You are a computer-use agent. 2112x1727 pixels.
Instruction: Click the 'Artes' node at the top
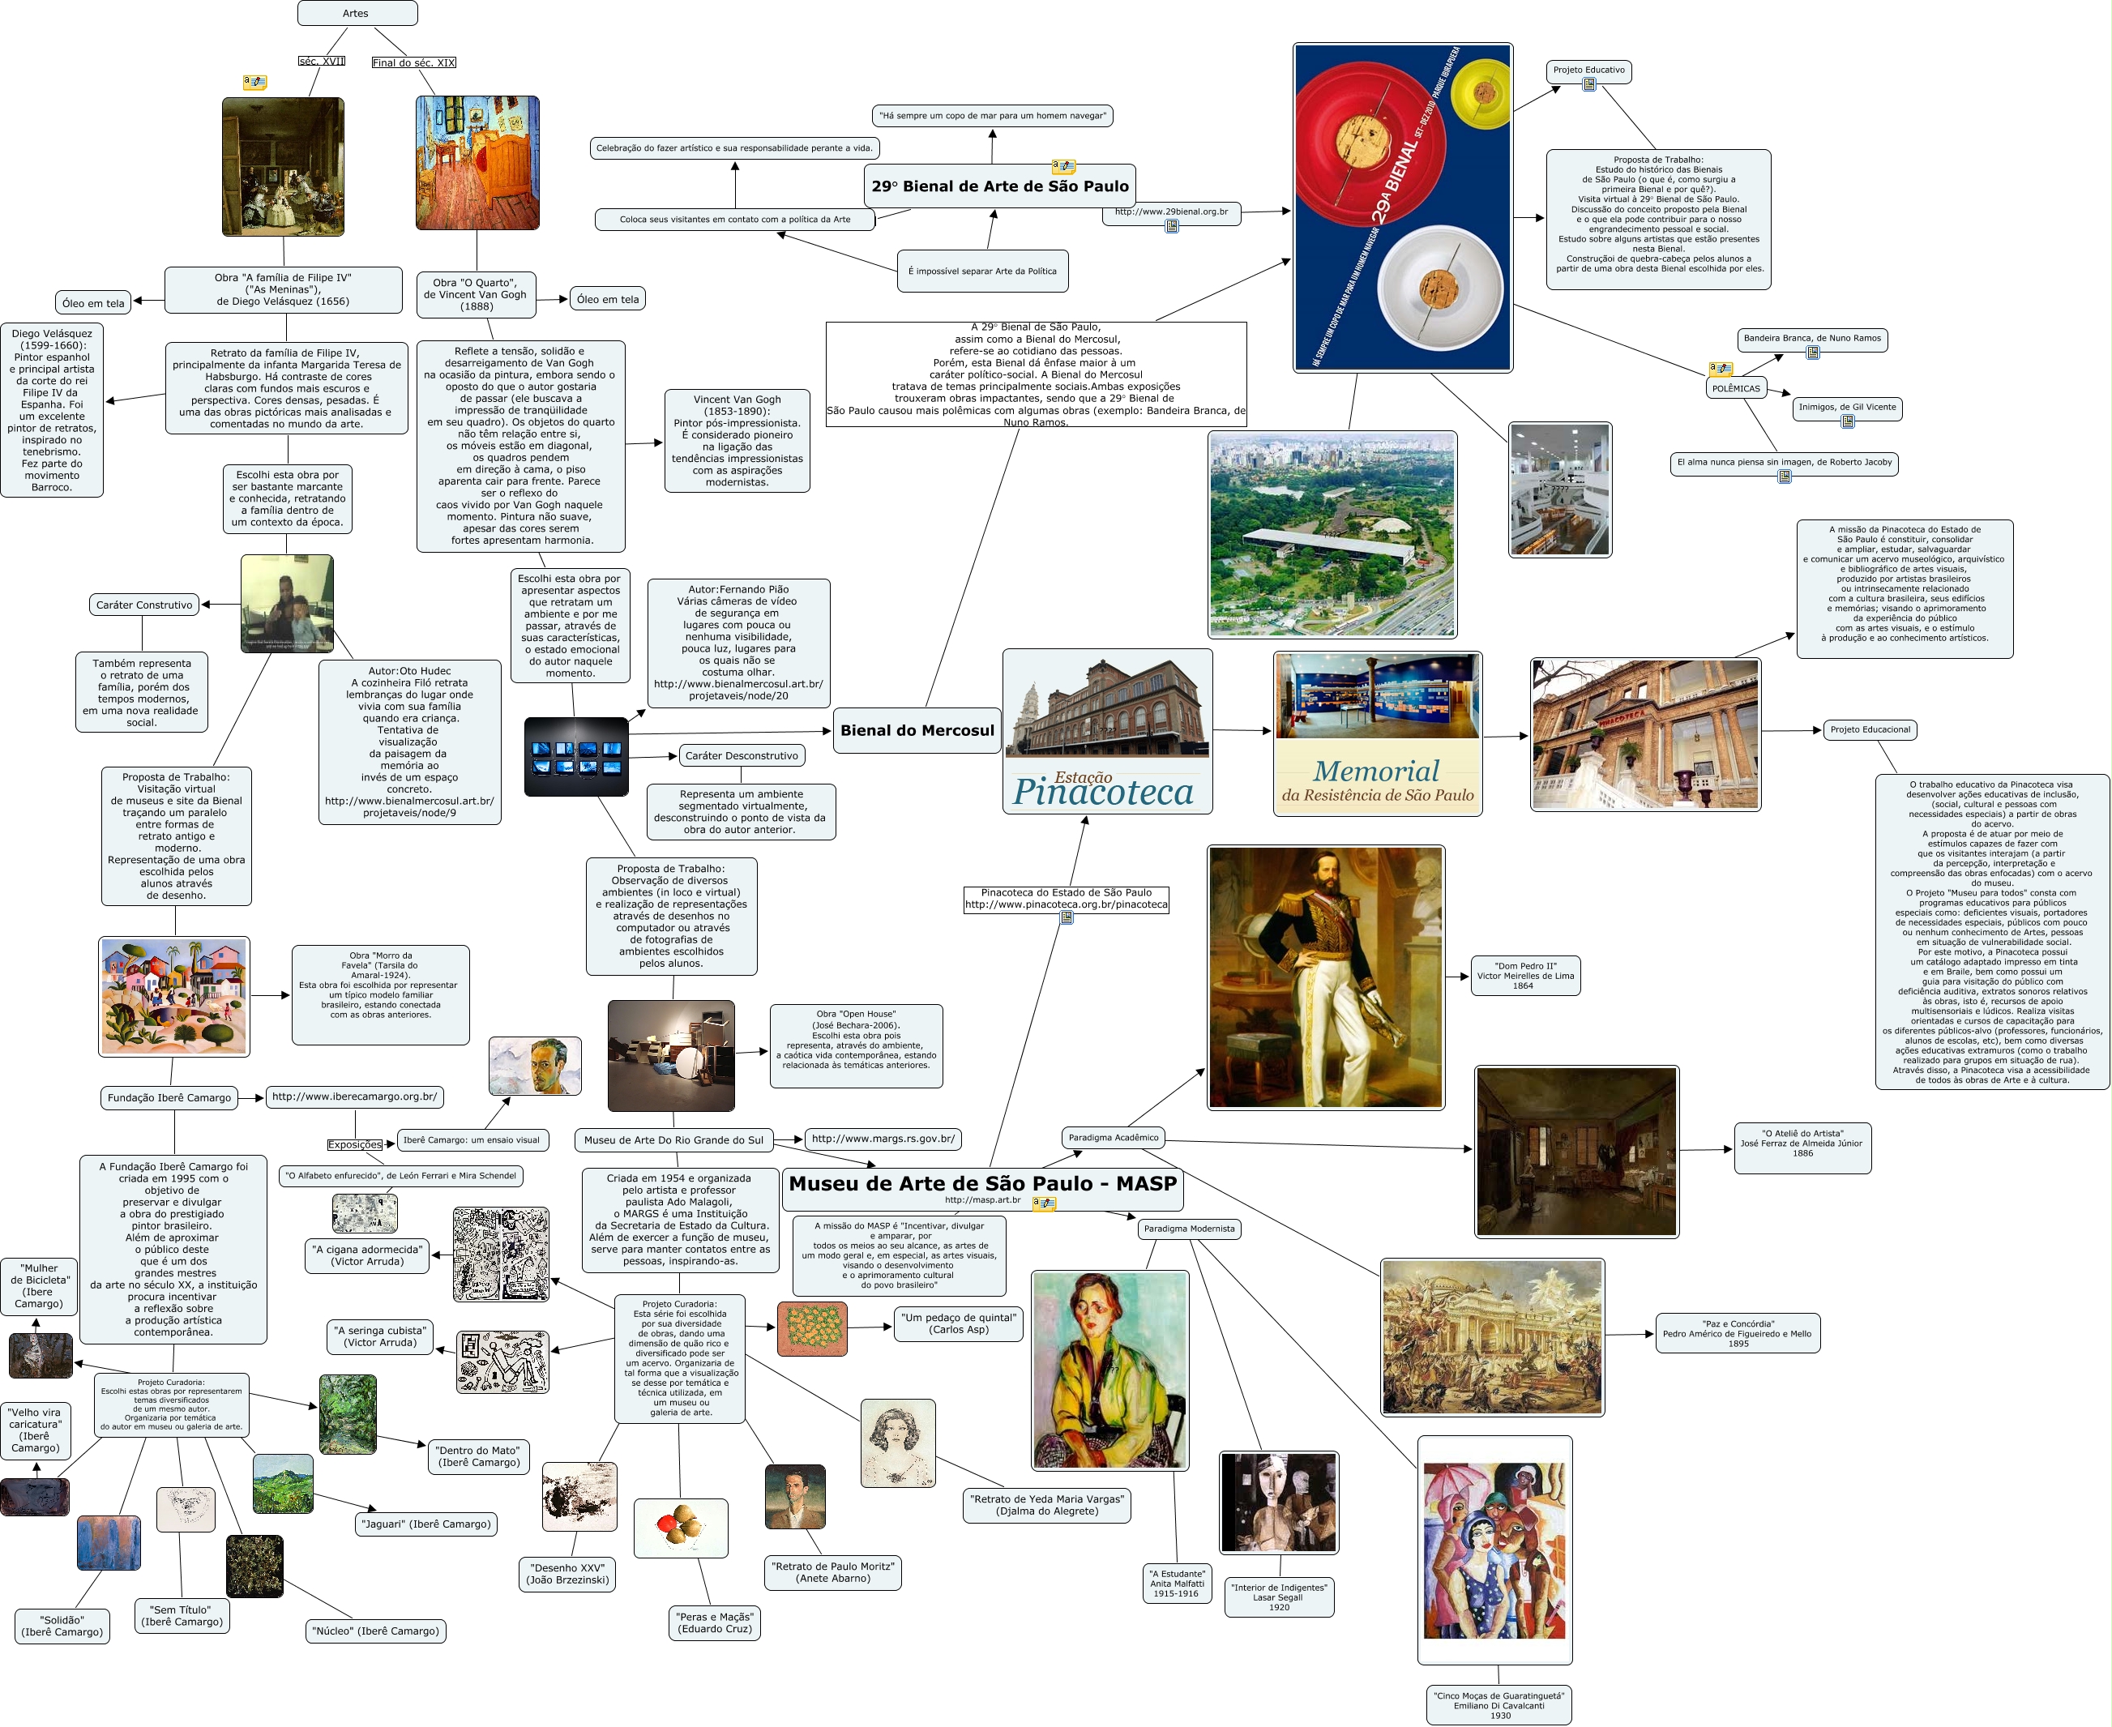click(356, 13)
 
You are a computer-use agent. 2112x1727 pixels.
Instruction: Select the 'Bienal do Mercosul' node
click(917, 730)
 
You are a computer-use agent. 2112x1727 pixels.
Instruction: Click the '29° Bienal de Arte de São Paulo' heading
click(1000, 186)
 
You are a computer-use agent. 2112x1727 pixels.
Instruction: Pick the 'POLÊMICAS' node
click(1735, 389)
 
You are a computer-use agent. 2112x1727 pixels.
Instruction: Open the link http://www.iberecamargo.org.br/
click(354, 1096)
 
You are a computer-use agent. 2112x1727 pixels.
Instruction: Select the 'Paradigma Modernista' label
click(1189, 1229)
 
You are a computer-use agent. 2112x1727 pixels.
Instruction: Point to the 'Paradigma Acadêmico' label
click(1114, 1137)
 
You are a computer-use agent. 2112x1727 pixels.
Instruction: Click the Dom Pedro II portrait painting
click(1325, 977)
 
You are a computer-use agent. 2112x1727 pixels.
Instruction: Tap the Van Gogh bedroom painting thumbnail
click(477, 163)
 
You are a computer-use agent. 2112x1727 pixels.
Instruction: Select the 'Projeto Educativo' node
click(1588, 71)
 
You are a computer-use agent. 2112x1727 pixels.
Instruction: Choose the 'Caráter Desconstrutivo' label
click(741, 756)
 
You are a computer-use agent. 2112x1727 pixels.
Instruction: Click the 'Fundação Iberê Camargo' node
click(169, 1097)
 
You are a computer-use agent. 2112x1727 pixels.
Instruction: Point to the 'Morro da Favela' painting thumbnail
click(174, 996)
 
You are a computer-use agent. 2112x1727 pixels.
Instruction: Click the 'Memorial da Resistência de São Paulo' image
click(1377, 734)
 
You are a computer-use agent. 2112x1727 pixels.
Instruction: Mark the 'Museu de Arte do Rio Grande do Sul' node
click(673, 1140)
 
